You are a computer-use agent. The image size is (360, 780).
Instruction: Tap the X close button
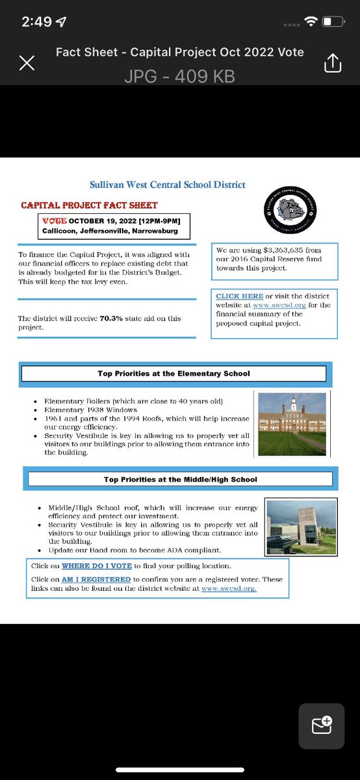(x=27, y=63)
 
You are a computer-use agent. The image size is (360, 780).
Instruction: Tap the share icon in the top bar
(x=332, y=63)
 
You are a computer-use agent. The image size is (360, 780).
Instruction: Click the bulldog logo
(x=291, y=209)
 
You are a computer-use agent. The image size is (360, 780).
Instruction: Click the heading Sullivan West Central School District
(x=168, y=185)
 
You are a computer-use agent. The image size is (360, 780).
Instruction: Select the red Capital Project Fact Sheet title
(x=89, y=205)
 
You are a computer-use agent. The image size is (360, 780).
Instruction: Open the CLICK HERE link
(x=240, y=296)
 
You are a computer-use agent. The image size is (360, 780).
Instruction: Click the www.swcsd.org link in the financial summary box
(x=271, y=305)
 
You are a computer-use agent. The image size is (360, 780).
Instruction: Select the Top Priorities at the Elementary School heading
(x=174, y=374)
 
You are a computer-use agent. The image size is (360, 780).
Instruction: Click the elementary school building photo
(x=292, y=424)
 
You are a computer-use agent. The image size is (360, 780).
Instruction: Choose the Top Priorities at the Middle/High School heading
(x=180, y=479)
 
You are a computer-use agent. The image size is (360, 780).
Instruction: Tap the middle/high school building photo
(x=302, y=526)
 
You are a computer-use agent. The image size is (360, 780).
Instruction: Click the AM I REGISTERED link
(x=96, y=579)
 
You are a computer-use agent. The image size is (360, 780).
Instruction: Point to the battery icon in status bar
(x=333, y=21)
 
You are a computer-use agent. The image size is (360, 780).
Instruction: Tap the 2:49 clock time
(x=36, y=21)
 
